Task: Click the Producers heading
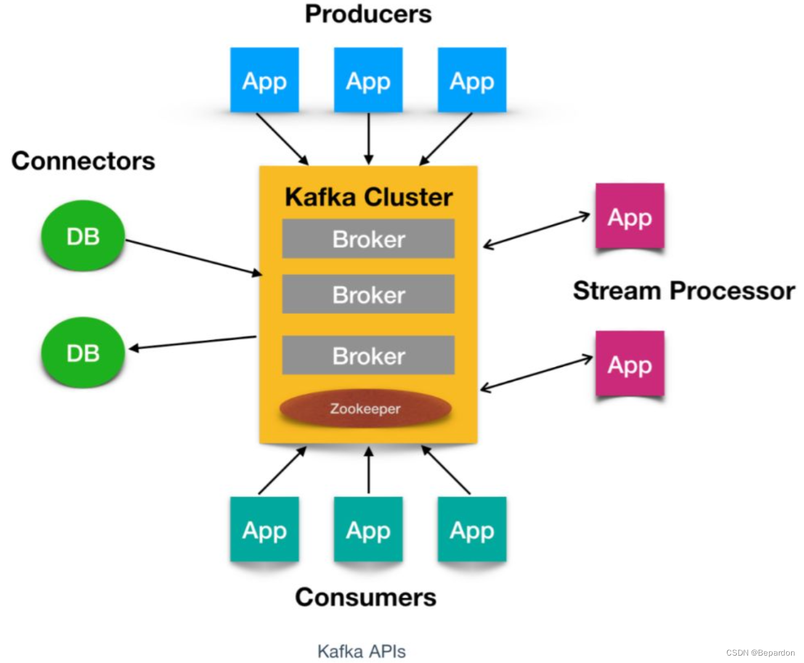[x=368, y=14]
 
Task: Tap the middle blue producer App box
[x=368, y=80]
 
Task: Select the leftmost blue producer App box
[x=264, y=80]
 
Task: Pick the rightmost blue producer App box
[x=472, y=80]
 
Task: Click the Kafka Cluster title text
[x=368, y=197]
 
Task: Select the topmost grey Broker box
[x=368, y=239]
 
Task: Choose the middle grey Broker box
[x=368, y=294]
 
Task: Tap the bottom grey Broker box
[x=368, y=355]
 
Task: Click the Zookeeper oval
[x=365, y=408]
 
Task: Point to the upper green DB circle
[x=83, y=236]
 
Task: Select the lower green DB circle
[x=83, y=353]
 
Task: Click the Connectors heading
[x=83, y=161]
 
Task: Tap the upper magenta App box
[x=630, y=216]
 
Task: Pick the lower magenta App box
[x=630, y=364]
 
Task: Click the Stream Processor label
[x=684, y=290]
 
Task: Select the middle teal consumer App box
[x=368, y=530]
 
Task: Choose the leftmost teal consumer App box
[x=264, y=530]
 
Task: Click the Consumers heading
[x=365, y=597]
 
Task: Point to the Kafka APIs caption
[x=362, y=651]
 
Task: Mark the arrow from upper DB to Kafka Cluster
[x=193, y=257]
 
